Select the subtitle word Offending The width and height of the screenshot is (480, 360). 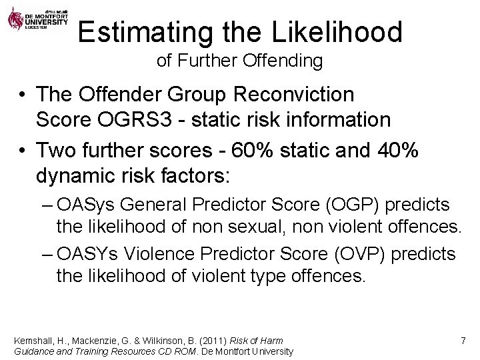point(287,61)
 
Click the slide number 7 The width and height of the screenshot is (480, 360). point(463,341)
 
